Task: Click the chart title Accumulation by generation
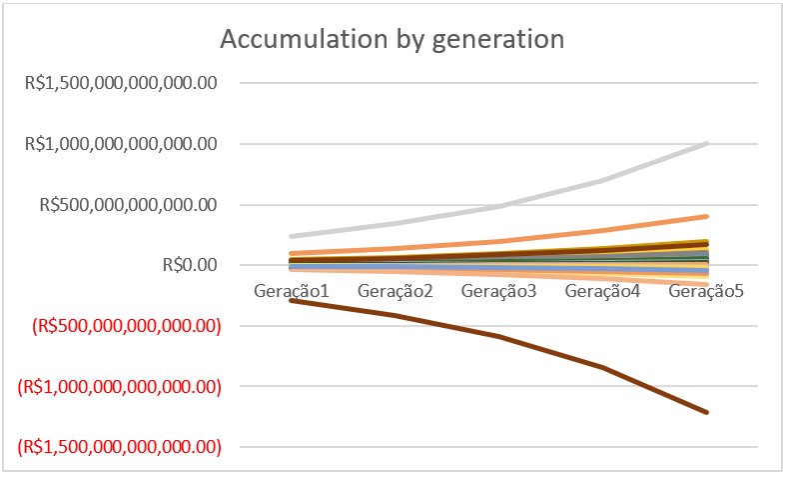point(392,40)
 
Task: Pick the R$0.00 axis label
point(189,265)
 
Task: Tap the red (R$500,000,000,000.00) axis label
point(125,326)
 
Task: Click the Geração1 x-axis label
point(292,291)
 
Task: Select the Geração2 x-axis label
point(395,291)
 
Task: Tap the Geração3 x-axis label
point(499,291)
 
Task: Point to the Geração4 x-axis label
point(603,291)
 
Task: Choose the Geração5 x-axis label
point(707,291)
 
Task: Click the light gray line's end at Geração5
point(707,143)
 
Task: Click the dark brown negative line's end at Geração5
point(707,412)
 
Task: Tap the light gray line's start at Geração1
point(292,236)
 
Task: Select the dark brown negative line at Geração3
point(499,336)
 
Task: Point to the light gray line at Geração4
point(603,180)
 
